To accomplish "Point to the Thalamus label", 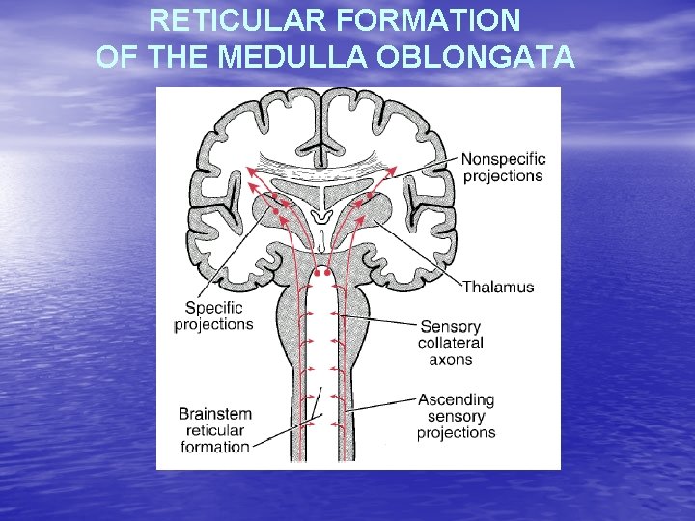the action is point(498,287).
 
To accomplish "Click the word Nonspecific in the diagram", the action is point(503,159).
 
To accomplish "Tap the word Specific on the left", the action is point(213,308).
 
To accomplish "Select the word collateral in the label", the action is point(451,343).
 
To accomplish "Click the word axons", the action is point(451,359).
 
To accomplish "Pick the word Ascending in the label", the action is point(456,399).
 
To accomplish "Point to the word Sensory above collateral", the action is point(451,326).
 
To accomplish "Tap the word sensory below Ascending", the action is point(456,416).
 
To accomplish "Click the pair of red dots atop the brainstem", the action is point(322,273).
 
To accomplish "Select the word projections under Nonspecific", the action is point(503,176).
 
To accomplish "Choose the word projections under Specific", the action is point(213,324).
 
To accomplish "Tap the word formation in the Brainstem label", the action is point(214,447).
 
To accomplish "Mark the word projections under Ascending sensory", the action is point(456,432).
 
